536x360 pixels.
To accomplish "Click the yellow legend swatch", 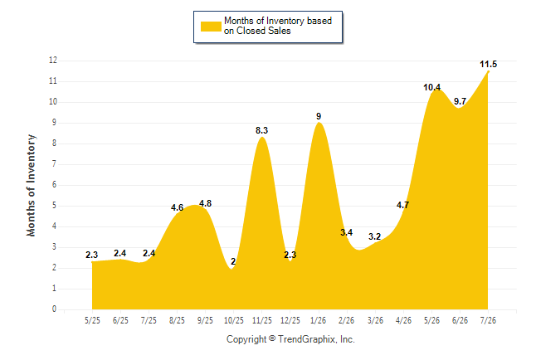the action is coord(211,27).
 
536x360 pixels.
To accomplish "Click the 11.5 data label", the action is coord(488,64).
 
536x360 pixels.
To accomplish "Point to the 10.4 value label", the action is coord(431,88).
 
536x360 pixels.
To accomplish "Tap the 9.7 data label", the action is coord(460,101).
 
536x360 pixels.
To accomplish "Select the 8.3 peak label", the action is coord(261,130).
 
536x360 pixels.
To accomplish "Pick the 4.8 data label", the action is coord(205,203).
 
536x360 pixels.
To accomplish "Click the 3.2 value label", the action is coord(374,236).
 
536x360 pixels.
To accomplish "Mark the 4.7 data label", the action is coord(402,205).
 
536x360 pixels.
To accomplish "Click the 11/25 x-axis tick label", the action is coord(262,321).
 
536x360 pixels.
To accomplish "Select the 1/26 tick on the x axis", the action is coord(319,321).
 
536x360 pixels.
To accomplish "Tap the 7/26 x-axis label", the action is coord(488,321).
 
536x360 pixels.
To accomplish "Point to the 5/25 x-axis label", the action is coord(92,321).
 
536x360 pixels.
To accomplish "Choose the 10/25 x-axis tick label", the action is coord(233,321).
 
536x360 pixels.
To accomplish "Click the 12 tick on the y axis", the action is coord(53,61).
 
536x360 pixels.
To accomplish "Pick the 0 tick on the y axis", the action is coord(54,309).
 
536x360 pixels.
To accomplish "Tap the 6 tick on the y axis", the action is coord(54,185).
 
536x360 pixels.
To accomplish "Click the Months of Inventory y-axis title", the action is coord(31,185).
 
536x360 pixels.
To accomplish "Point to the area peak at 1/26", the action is coord(319,123).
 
